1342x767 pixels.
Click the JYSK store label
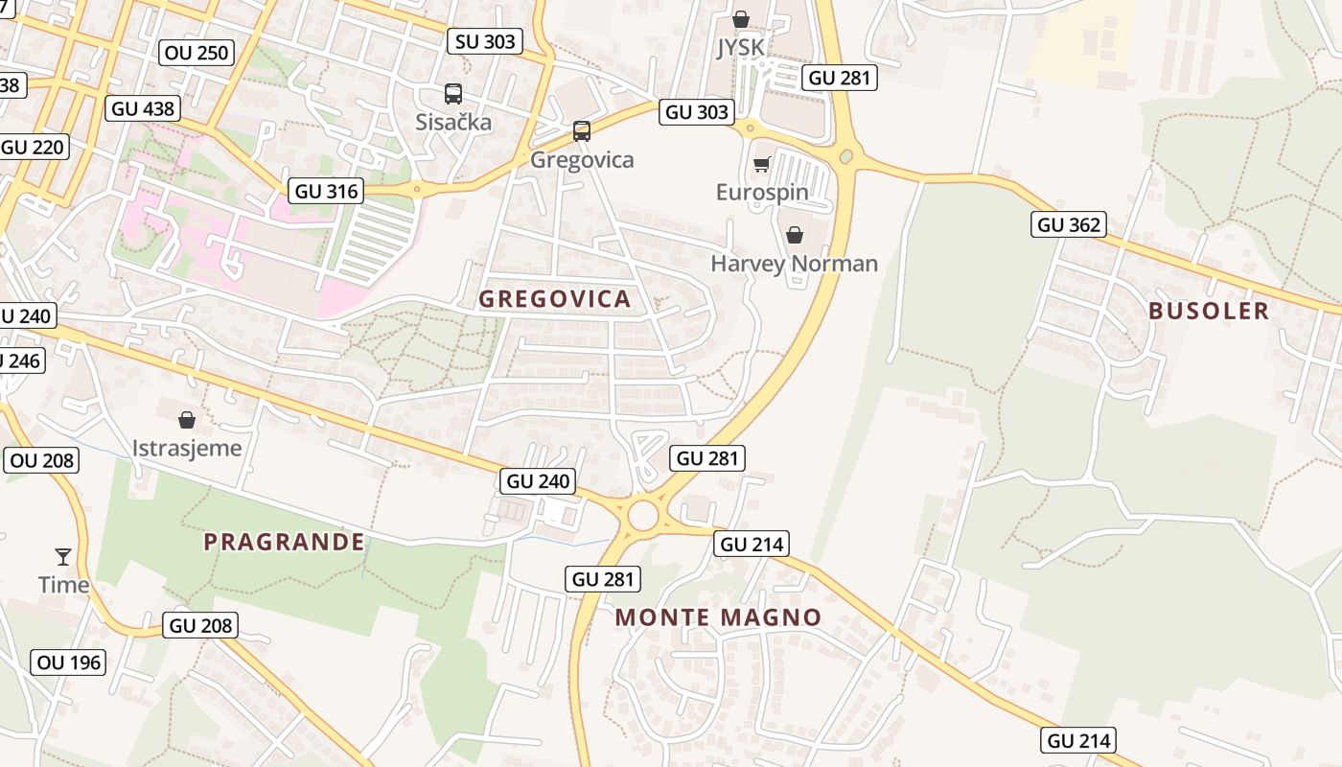point(740,48)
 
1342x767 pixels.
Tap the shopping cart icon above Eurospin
point(762,164)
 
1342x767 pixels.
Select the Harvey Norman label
point(794,264)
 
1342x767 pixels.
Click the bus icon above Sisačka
point(453,94)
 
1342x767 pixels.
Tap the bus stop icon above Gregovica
point(582,131)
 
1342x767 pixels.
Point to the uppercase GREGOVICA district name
point(555,299)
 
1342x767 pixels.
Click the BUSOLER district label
point(1209,311)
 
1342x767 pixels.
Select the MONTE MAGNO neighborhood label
point(719,617)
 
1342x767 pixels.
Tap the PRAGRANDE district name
point(285,543)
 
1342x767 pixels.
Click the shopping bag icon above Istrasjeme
point(187,420)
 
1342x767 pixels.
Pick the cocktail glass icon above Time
point(63,556)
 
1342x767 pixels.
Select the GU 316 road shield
point(327,191)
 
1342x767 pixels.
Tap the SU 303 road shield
point(486,41)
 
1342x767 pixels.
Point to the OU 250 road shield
point(197,53)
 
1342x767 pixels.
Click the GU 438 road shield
point(143,108)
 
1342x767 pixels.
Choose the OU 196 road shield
point(68,662)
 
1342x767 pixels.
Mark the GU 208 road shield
point(200,626)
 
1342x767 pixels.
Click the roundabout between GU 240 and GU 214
point(643,516)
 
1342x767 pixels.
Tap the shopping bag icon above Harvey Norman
point(795,235)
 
